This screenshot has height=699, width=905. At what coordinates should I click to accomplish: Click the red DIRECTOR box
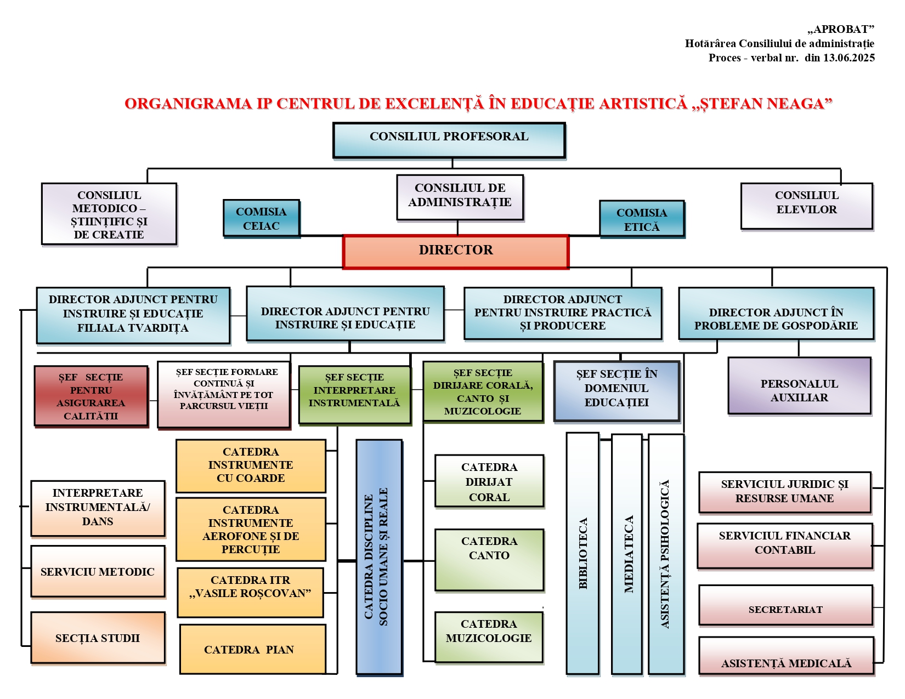point(455,252)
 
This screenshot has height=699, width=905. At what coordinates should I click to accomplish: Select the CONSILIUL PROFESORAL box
point(449,140)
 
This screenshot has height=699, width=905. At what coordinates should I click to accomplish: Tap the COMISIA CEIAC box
point(261,218)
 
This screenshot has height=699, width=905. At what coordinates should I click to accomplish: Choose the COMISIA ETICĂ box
point(642,219)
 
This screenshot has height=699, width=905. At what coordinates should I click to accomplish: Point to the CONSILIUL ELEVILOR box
point(806,206)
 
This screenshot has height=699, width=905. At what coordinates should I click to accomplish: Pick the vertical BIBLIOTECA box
point(582,553)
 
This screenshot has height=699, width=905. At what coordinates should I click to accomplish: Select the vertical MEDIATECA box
point(627,554)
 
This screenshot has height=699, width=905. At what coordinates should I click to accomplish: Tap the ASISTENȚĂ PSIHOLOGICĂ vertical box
point(666,554)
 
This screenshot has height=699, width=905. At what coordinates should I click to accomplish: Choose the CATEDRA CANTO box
point(489,559)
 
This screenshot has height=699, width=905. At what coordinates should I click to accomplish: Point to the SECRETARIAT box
point(785,606)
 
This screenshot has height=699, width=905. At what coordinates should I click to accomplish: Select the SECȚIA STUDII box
point(98,638)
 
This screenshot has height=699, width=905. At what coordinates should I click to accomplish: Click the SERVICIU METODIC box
point(98,571)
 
